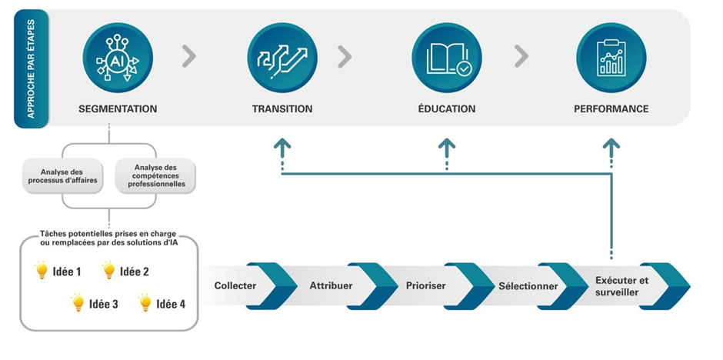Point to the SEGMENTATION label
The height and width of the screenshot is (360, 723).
118,108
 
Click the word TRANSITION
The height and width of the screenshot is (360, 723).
282,108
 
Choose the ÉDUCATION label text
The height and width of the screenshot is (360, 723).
446,108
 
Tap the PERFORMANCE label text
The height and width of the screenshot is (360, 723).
611,108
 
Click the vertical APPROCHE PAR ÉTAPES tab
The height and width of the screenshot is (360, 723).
31,69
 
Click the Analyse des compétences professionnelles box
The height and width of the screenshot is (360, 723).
155,175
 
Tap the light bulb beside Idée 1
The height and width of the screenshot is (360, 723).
42,270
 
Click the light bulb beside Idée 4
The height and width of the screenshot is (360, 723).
145,303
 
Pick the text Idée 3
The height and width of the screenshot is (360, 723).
104,304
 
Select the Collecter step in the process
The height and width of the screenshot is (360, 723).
235,286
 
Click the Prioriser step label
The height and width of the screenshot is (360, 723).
426,286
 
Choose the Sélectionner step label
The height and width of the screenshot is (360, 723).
528,286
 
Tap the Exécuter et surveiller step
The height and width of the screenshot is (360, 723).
621,286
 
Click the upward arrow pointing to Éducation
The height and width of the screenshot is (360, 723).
447,147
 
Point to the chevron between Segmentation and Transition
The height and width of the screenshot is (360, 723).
189,56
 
